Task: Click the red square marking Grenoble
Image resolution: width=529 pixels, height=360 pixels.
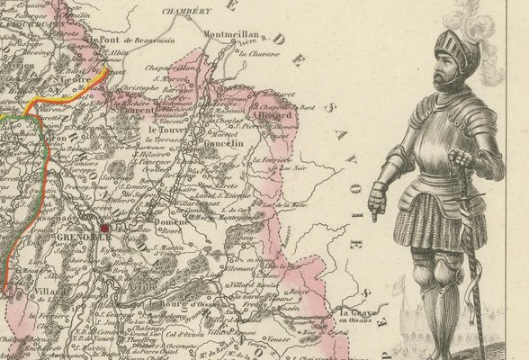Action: [x=105, y=229]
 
